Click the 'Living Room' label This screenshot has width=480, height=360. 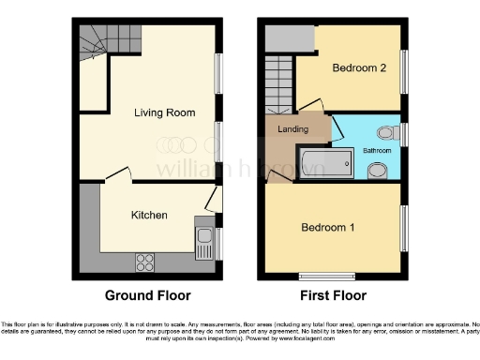(x=164, y=112)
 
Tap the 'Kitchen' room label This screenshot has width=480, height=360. (x=149, y=215)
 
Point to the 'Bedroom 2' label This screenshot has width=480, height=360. (x=360, y=67)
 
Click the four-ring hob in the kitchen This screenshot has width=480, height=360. (x=145, y=258)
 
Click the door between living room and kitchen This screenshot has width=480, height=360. (x=117, y=176)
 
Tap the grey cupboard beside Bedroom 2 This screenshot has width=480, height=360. (x=280, y=38)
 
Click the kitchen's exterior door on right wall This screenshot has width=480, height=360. (x=215, y=198)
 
